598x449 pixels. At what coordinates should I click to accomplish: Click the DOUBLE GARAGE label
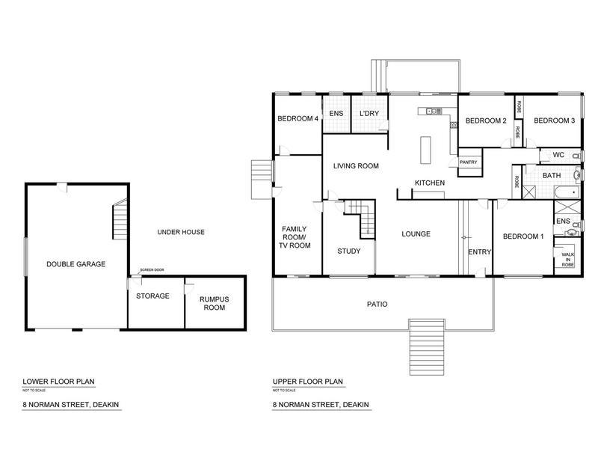coord(76,264)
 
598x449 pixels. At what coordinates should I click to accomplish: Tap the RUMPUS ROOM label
coord(215,303)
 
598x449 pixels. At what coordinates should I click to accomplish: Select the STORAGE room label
coord(152,296)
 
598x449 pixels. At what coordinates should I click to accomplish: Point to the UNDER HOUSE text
coord(181,232)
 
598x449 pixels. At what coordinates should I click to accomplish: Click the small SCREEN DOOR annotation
coord(152,270)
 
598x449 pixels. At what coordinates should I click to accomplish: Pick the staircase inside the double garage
coord(120,219)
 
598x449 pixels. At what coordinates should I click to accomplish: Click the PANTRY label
coord(469,162)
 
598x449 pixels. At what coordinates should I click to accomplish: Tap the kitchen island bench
coord(425,150)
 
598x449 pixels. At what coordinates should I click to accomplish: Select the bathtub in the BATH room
coord(567,192)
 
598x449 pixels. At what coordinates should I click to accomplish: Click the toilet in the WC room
coord(577,156)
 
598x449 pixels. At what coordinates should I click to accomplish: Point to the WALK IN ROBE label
coord(567,260)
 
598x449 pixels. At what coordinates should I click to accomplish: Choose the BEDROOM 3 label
coord(554,120)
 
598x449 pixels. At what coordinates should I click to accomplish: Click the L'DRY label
coord(369,114)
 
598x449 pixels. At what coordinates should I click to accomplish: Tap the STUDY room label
coord(349,251)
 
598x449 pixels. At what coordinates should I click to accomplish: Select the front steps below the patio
coord(427,347)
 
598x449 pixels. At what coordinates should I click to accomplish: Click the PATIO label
coord(377,305)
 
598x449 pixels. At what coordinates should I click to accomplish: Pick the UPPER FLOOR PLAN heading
coord(308,382)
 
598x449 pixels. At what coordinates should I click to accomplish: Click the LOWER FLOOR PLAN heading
coord(58,382)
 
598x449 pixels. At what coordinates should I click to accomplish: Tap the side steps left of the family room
coord(262,180)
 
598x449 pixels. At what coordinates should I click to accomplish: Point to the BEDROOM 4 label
coord(298,119)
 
